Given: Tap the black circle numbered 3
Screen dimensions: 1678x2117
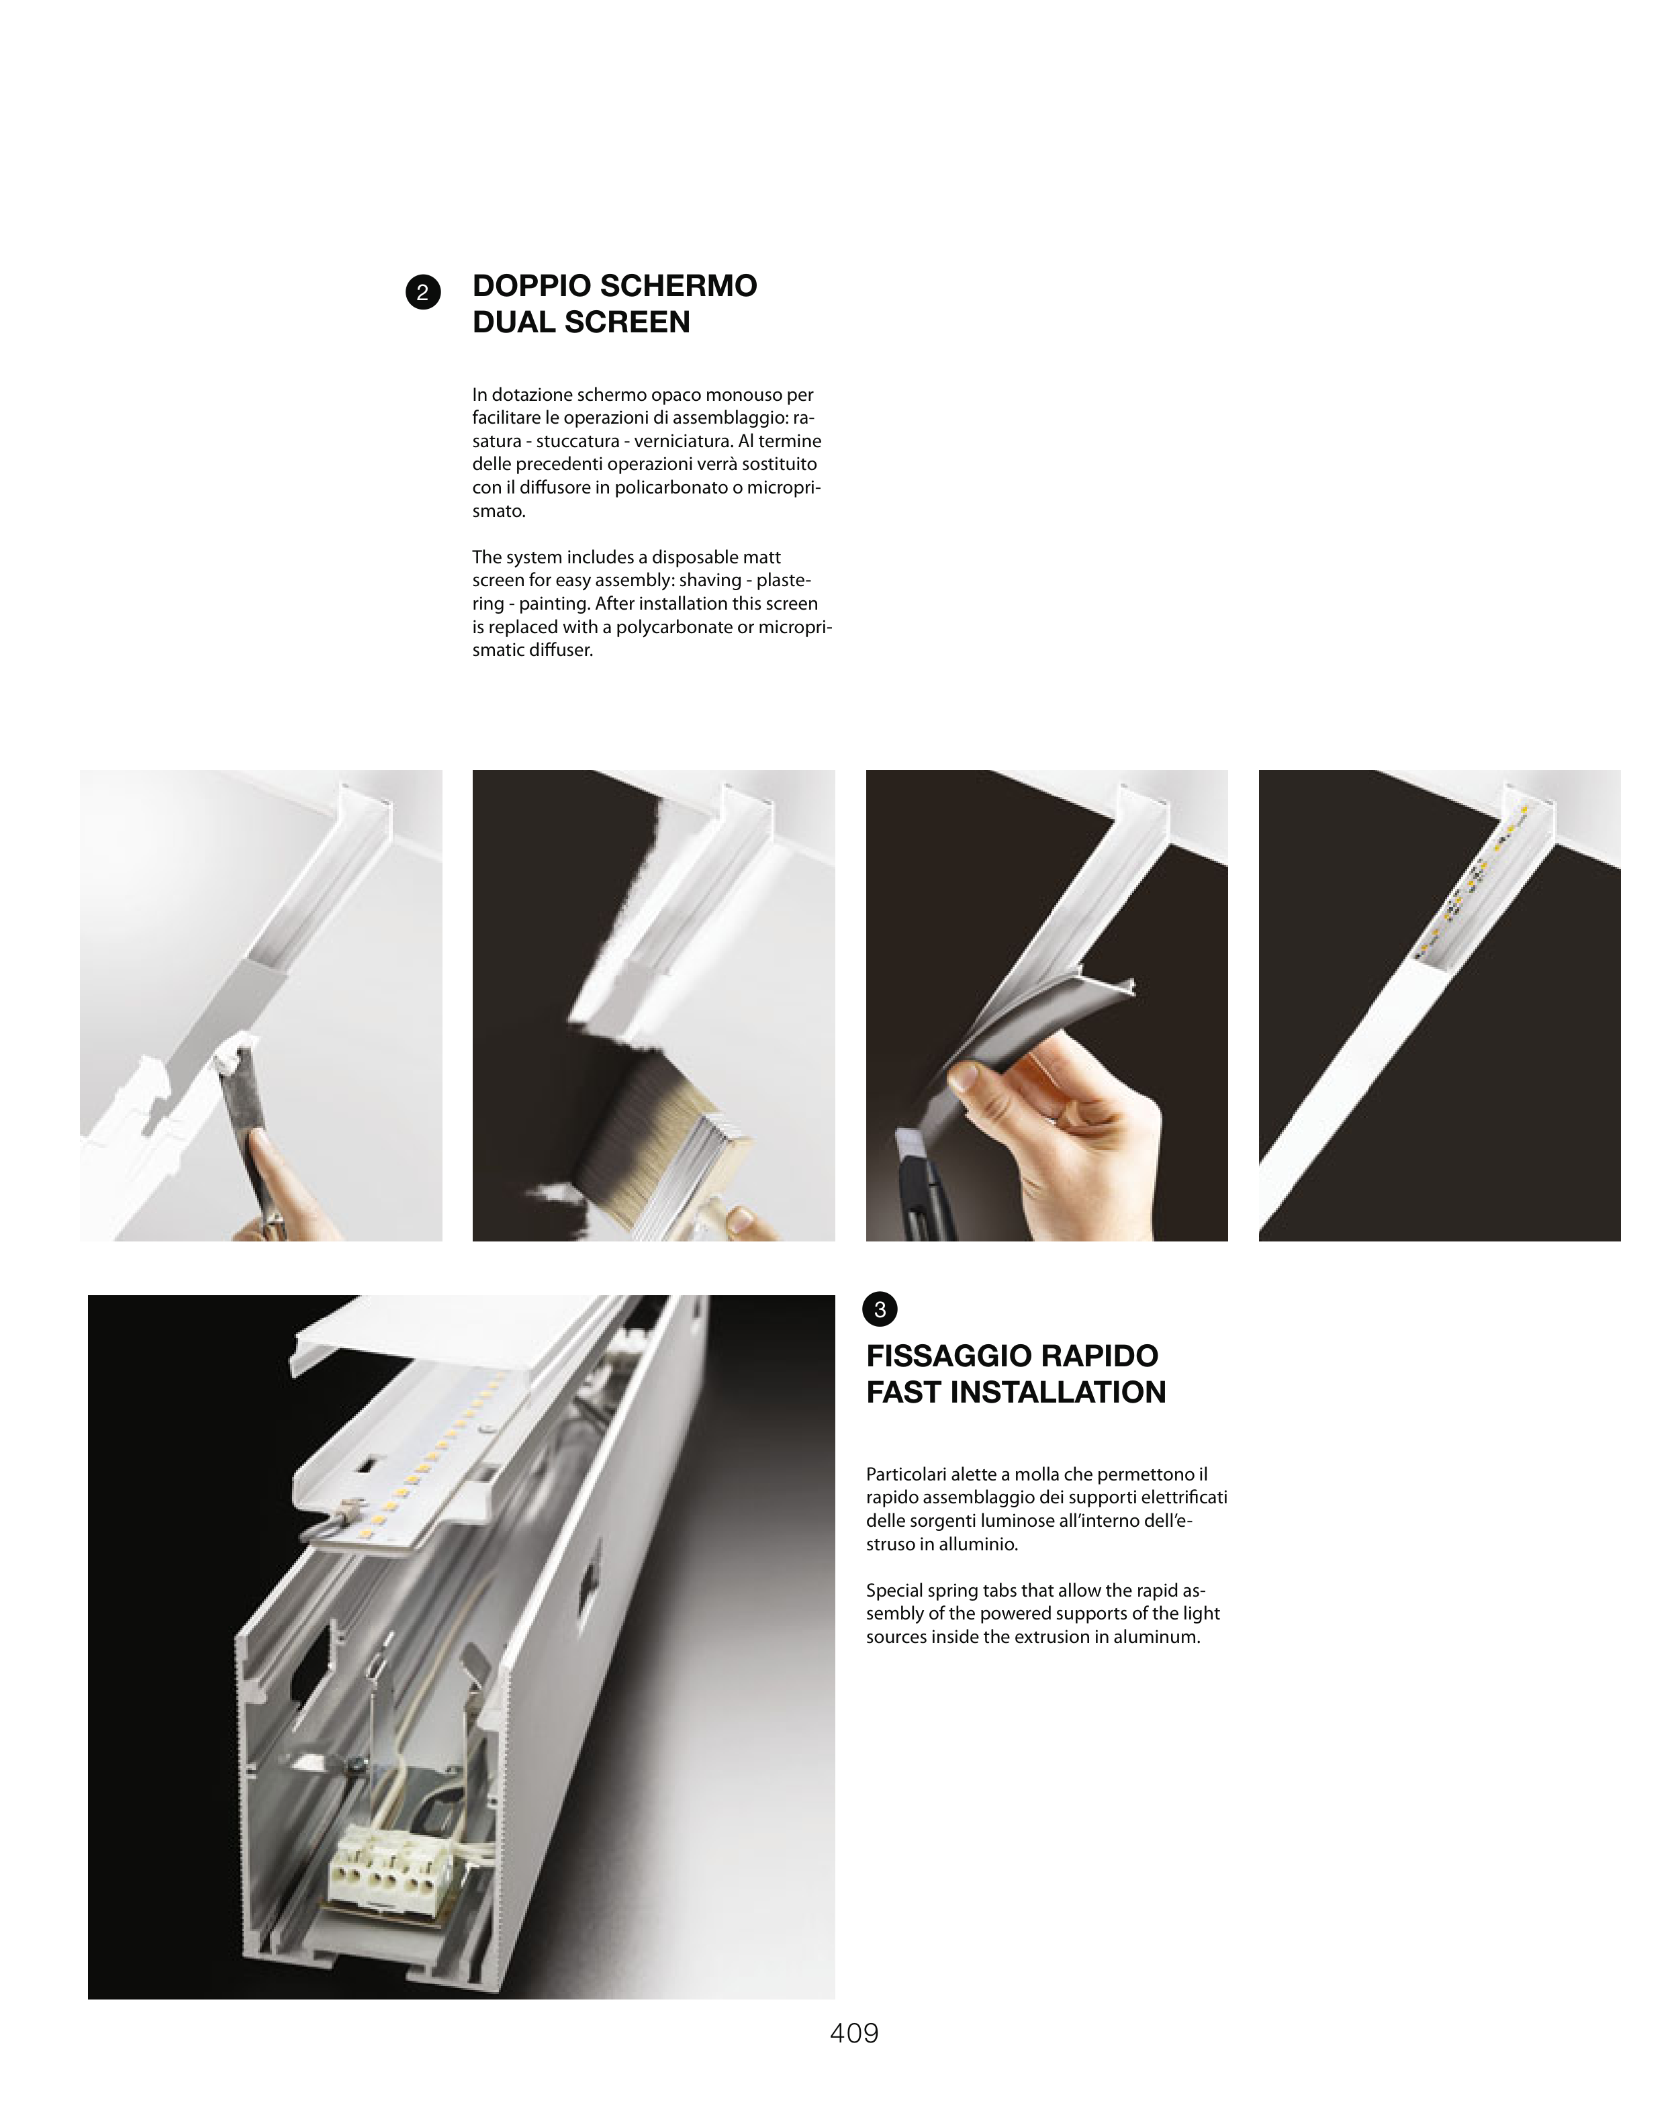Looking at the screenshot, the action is click(880, 1309).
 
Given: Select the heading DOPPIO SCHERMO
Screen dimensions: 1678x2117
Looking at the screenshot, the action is click(614, 286).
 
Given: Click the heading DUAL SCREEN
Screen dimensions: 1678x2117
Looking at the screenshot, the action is click(581, 322).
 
